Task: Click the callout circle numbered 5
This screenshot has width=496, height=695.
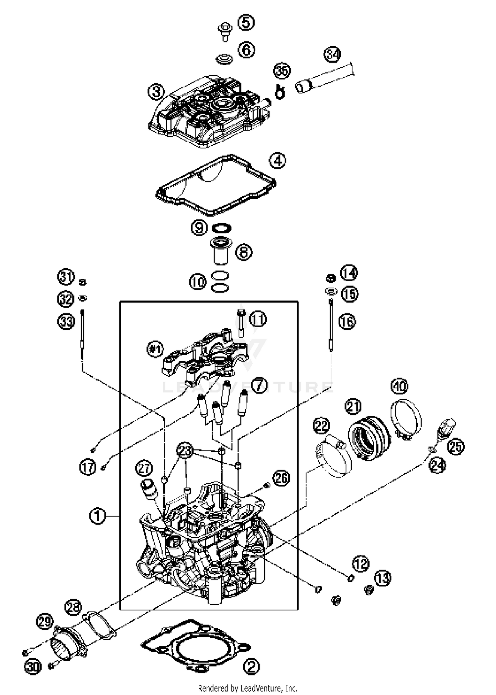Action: [246, 23]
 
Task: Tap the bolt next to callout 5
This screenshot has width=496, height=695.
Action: [225, 31]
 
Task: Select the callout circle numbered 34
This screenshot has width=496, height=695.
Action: [332, 54]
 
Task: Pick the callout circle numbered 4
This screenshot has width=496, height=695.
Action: [277, 161]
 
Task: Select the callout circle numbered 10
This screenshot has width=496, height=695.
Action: [198, 282]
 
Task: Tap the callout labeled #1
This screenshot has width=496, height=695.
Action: [155, 349]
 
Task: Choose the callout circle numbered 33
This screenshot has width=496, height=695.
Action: [66, 321]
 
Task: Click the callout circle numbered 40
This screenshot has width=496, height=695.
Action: [399, 386]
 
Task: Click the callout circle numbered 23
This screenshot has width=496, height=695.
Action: [185, 450]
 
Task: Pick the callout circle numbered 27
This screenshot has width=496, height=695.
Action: [144, 468]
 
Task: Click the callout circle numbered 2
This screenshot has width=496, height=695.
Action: [251, 666]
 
